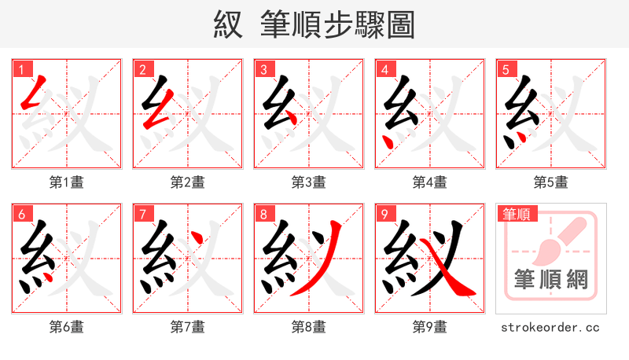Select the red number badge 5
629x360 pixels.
coord(505,69)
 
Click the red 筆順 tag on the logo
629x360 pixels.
coord(515,214)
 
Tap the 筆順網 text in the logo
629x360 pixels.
coord(550,281)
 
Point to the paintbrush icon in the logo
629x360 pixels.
coord(554,240)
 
